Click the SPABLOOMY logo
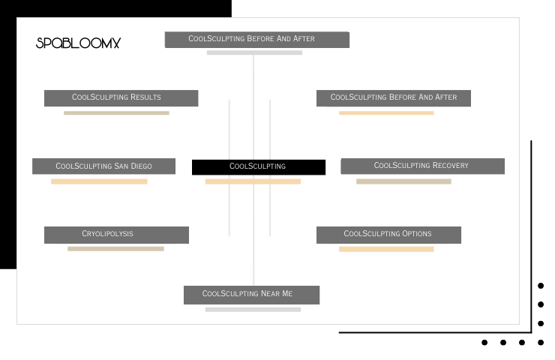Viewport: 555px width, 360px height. pos(78,43)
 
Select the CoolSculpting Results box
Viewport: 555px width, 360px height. pos(121,98)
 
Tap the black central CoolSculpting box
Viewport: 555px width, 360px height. pos(259,167)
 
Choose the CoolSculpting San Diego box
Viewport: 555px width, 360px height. pos(103,166)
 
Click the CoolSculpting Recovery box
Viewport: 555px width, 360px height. pos(422,166)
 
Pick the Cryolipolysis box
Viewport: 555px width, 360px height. pos(116,235)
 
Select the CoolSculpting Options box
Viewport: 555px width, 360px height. pos(388,235)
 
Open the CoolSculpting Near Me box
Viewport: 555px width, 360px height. pos(252,295)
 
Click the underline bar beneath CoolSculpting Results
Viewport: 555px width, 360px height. pos(116,113)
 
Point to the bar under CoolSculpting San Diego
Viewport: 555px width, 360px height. pos(99,181)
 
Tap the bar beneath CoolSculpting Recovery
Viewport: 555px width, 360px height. pos(403,181)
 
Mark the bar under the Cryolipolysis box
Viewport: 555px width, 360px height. pos(115,249)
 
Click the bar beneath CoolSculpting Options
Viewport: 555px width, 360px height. pos(386,249)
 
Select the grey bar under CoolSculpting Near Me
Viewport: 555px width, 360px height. pos(253,310)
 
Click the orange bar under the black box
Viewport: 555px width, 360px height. pos(253,181)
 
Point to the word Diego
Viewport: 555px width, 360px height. pos(141,166)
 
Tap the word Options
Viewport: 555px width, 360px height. pos(416,234)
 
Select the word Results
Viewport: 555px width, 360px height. pos(145,97)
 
